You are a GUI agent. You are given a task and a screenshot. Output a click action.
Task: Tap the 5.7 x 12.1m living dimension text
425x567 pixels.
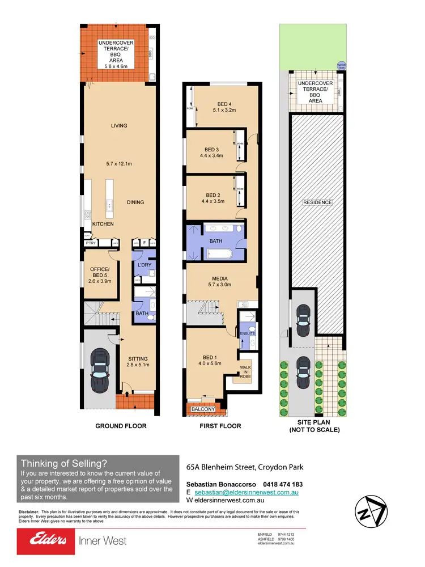(120, 164)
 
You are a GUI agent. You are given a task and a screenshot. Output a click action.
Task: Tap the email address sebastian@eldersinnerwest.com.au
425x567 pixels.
(250, 493)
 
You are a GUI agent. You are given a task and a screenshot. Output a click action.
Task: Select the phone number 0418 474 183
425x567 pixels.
(283, 484)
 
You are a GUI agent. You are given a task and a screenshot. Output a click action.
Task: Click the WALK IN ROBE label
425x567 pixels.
(246, 375)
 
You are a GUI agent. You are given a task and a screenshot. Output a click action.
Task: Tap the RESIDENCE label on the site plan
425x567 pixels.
(317, 202)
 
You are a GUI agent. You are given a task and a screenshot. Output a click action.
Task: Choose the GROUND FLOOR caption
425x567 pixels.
(120, 426)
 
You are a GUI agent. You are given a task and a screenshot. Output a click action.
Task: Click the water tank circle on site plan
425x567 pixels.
(341, 65)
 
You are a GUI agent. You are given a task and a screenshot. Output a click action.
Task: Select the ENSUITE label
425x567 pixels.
(248, 333)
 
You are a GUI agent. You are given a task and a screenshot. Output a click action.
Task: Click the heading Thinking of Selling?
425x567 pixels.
(62, 463)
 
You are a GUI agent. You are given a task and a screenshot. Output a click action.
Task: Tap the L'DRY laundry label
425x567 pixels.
(144, 265)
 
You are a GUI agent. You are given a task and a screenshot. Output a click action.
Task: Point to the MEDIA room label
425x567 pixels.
(220, 278)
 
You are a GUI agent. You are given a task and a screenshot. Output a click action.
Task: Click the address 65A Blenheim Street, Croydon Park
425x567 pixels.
(245, 468)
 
